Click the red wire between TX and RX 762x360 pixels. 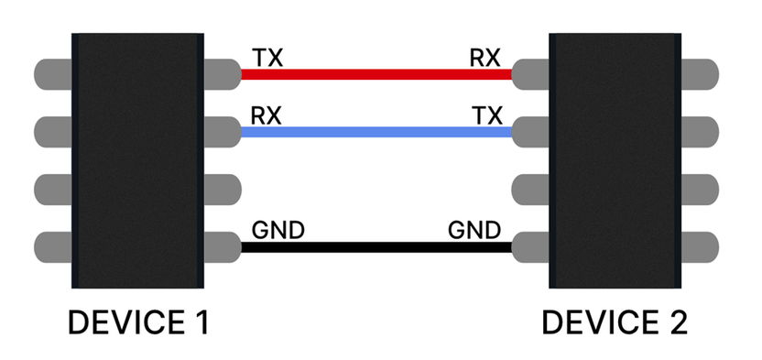pos(376,74)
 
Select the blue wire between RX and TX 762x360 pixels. pos(376,132)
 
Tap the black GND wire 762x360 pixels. pos(376,246)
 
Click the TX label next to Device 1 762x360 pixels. pos(267,58)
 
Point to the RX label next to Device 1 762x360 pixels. pos(267,115)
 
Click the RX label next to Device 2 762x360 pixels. pos(484,58)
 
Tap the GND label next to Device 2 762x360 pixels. pos(474,230)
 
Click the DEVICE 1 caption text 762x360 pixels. pos(138,322)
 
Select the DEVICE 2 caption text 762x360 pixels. pos(615,322)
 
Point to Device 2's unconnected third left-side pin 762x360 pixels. pos(530,189)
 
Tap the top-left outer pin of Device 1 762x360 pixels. pos(52,73)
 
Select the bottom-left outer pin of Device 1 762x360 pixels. pos(52,246)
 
